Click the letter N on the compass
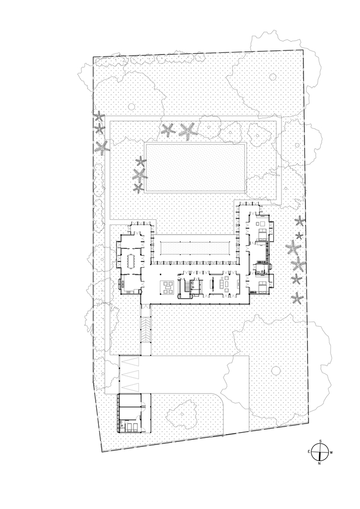(319, 463)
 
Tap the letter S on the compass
(320, 441)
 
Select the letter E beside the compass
(309, 451)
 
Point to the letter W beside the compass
(331, 453)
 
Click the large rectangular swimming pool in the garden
(196, 167)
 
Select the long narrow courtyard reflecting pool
(196, 249)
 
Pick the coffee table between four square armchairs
(168, 287)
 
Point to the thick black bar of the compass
(321, 452)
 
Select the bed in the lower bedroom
(262, 287)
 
